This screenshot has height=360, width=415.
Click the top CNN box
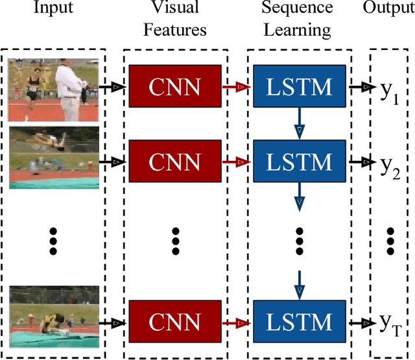pos(174,86)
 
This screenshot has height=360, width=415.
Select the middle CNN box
pos(174,162)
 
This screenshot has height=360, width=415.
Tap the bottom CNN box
pos(174,321)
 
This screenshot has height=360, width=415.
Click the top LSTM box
pos(299,86)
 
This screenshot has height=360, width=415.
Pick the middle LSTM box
pos(299,162)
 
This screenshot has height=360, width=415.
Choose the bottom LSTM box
pos(299,321)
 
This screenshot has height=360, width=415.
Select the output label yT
pos(388,322)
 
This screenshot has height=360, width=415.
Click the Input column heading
pos(53,8)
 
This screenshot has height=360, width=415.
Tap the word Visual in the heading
pos(174,8)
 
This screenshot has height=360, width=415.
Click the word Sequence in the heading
pos(297,8)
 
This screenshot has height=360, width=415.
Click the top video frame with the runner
pos(53,89)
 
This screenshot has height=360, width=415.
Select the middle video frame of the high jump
pos(53,158)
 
